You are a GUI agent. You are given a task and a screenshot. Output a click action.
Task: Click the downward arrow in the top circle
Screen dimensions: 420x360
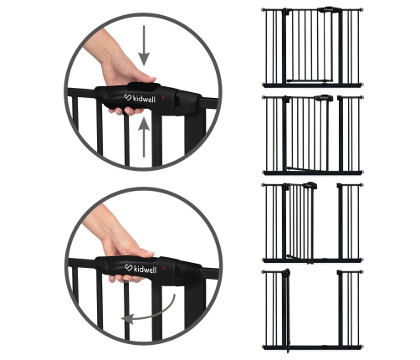144,44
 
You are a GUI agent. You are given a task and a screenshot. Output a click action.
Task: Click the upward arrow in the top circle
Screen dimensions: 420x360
144,137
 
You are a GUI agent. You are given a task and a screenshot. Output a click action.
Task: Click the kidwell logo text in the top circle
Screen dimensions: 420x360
144,99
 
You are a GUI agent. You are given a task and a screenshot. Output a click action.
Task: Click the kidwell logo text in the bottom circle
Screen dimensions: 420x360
145,270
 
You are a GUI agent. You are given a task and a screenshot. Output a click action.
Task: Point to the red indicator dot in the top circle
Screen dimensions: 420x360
163,98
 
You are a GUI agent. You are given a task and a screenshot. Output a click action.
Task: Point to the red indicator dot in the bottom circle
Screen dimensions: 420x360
164,268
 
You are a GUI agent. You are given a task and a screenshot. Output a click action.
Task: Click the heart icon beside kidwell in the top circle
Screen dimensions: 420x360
128,97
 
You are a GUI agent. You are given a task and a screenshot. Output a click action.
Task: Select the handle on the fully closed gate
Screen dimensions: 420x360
330,10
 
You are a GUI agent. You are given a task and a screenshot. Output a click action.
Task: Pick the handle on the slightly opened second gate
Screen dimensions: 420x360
324,98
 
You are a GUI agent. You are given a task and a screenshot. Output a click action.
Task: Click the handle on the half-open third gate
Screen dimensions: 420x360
310,185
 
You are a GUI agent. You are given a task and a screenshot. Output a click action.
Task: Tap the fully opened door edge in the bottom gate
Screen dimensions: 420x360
287,310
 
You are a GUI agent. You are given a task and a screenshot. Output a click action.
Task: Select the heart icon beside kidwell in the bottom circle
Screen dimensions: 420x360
128,268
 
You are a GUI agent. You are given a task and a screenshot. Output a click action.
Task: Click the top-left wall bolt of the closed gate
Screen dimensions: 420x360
263,10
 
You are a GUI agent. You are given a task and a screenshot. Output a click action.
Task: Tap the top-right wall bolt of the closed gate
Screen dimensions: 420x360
362,10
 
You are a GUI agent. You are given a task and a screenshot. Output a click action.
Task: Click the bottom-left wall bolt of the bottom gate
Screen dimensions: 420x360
264,347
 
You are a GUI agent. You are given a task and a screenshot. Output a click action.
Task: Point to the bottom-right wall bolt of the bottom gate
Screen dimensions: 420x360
361,347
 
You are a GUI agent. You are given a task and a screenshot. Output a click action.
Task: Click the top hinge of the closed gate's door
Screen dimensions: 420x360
285,12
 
